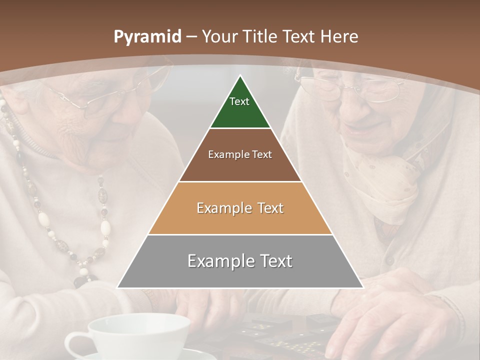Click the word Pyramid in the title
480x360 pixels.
point(147,37)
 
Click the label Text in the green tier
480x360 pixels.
point(239,101)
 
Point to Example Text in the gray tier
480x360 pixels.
point(240,261)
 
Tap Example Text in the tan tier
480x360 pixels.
point(240,208)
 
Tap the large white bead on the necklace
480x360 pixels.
point(105,227)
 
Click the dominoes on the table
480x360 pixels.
point(280,335)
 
